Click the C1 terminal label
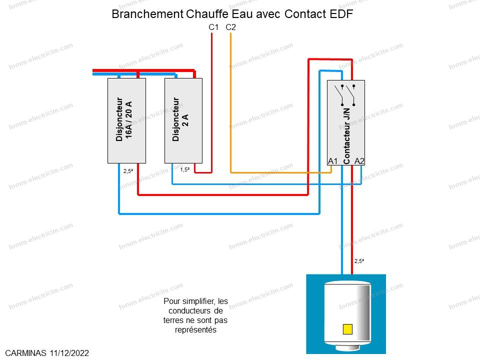click(213, 27)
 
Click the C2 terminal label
click(230, 27)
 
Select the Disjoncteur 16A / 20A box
click(126, 120)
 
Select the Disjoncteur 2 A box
click(183, 120)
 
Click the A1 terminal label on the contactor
click(333, 161)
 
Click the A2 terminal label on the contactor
click(359, 161)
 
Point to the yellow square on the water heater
click(347, 329)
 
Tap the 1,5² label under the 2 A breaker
click(184, 169)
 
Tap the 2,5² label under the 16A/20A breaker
click(128, 171)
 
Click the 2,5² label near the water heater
click(359, 261)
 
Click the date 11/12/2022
click(69, 353)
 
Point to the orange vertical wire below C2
click(230, 100)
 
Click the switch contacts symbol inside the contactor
click(347, 95)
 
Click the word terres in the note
click(174, 320)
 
